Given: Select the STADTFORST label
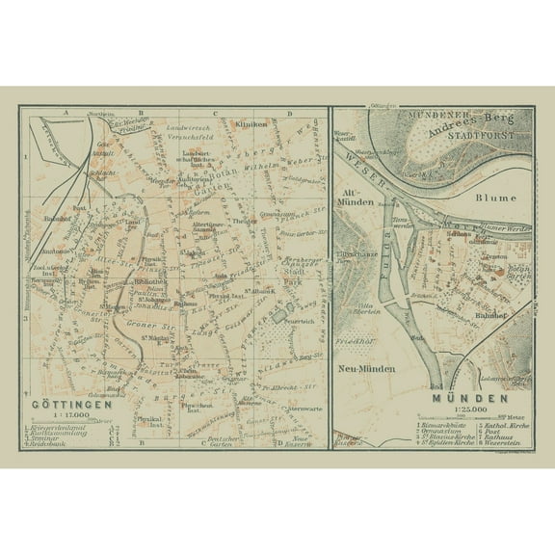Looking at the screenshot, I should click(481, 136).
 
